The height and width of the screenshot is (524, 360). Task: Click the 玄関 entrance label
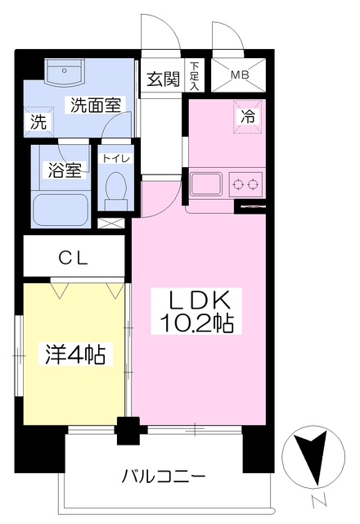point(163,79)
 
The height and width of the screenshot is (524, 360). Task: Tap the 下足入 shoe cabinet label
point(195,76)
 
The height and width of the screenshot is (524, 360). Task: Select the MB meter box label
point(240,75)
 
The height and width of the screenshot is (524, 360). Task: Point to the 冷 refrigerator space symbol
point(247,116)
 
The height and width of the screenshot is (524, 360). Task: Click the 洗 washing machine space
point(38,122)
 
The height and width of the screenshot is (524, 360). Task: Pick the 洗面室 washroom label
point(96,105)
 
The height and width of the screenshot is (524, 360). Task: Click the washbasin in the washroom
point(65,73)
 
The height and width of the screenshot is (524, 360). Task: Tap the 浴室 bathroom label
point(65,169)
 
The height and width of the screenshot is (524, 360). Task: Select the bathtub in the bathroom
point(61,210)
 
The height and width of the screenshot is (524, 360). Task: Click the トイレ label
point(116,158)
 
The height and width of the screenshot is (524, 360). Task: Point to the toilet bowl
point(115,191)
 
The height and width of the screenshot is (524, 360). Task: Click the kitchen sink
point(206,184)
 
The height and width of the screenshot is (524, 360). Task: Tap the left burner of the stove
point(238,184)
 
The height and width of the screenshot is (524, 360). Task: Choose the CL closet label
point(73,258)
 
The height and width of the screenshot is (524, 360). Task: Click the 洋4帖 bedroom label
point(75,354)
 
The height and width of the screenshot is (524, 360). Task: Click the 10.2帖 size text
point(196,323)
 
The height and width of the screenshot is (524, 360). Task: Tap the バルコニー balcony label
point(164,476)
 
